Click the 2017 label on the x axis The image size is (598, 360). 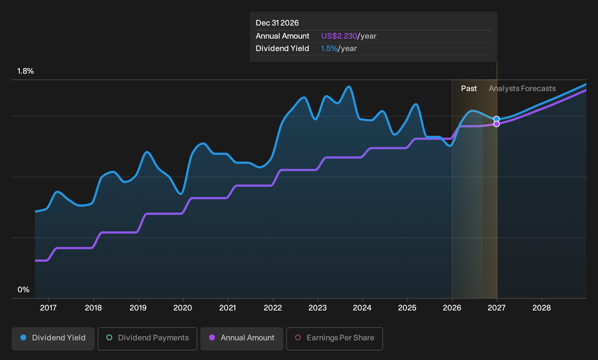pos(48,308)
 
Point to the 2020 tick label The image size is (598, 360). pos(182,308)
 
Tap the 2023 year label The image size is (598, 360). pos(318,308)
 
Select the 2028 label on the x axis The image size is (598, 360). pos(542,308)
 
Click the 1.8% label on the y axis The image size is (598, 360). pos(25,71)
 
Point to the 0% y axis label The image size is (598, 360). pos(24,290)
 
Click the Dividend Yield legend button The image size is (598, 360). pos(53,339)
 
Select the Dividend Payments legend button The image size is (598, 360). pos(147,339)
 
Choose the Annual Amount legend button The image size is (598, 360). pos(241,339)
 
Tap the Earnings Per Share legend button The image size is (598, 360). pos(334,339)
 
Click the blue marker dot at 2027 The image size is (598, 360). pos(496,119)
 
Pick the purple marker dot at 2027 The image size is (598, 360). pos(496,124)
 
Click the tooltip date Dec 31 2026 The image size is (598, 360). pos(277,23)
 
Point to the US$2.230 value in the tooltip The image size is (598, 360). pos(339,36)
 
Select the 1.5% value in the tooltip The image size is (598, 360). pos(329,48)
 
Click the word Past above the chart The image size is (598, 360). pos(469,89)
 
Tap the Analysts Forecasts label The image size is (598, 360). pos(522,89)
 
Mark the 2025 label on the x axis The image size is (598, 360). pos(407,308)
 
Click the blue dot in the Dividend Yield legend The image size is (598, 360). pos(24,337)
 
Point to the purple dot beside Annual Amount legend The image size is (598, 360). pos(212,337)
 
